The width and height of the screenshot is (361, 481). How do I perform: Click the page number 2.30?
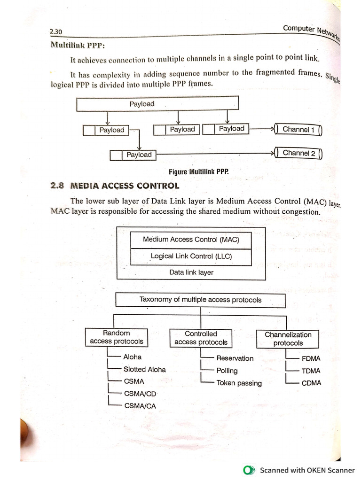56,32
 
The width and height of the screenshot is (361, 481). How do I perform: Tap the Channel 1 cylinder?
298,129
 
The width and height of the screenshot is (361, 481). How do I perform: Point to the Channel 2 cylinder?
298,153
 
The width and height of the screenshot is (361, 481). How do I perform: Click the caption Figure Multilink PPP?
199,172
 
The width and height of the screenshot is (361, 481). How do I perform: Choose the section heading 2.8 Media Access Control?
115,186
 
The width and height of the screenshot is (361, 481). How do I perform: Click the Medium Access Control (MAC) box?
191,240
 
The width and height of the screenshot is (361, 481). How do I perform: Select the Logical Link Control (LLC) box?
191,256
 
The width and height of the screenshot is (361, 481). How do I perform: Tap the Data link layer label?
191,272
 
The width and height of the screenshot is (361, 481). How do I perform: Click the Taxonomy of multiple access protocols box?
200,300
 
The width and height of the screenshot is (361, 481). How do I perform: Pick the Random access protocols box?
116,337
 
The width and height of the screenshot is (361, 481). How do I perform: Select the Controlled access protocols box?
201,338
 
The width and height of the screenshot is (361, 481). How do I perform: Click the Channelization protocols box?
288,339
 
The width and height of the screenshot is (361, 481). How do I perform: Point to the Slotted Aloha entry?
144,370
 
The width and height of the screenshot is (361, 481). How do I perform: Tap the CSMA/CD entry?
140,394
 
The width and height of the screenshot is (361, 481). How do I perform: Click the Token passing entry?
239,383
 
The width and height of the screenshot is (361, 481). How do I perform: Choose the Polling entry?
227,371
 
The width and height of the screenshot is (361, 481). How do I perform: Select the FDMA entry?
311,358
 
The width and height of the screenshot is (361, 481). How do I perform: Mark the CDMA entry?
311,383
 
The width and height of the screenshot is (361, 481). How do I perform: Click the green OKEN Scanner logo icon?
248,470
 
